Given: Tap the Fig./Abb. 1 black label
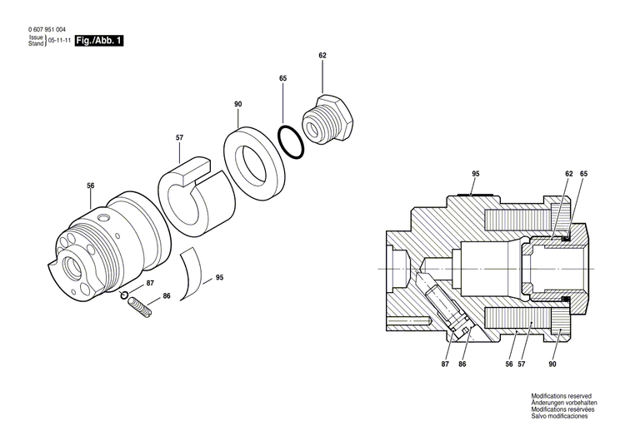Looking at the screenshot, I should click(x=98, y=40).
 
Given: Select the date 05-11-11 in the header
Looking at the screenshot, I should click(x=58, y=40).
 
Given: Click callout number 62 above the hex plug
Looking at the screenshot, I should click(x=322, y=55).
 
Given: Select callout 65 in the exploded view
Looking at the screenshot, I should click(x=282, y=77).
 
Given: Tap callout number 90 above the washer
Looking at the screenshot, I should click(x=238, y=104).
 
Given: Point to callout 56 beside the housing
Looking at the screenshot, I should click(x=91, y=186).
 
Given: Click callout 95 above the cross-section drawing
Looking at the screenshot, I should click(x=476, y=173).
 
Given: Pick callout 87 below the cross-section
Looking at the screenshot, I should click(x=446, y=364).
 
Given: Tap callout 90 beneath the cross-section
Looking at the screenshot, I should click(x=552, y=364).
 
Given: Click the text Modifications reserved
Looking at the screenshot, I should click(x=561, y=396).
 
